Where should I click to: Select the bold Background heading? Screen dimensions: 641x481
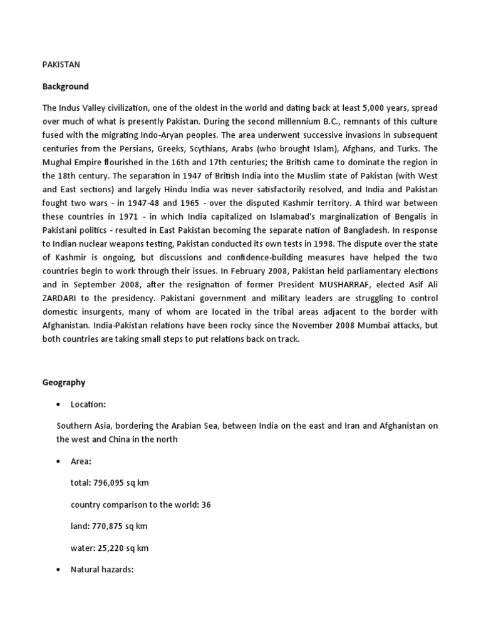(x=66, y=86)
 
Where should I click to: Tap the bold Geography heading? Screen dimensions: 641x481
(x=64, y=382)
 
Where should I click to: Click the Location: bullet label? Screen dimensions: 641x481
(x=88, y=404)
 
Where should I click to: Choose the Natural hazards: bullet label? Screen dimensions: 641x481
(x=102, y=570)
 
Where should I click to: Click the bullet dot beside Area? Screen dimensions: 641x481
(x=58, y=461)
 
